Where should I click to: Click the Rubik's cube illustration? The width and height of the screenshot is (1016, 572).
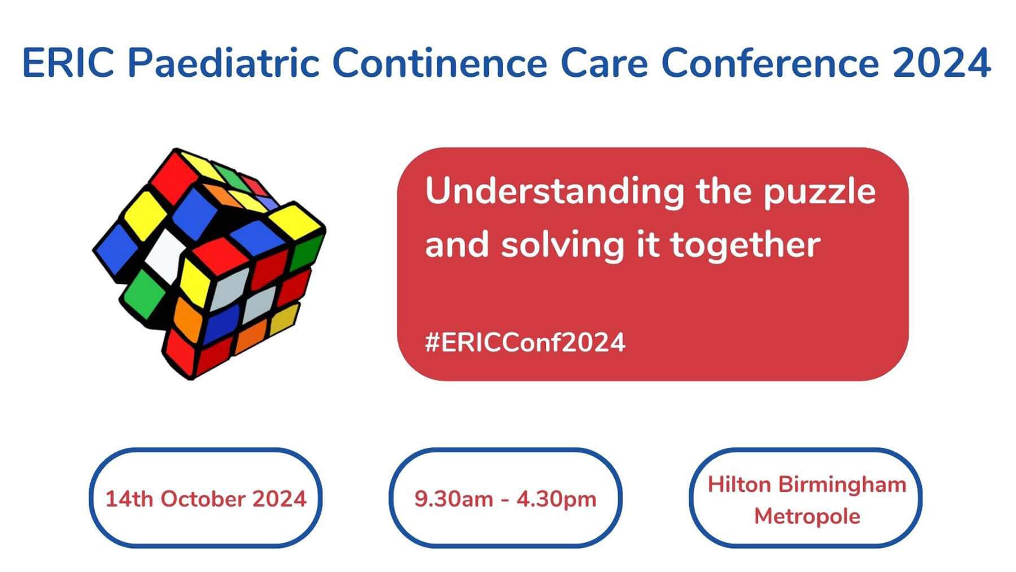click(x=209, y=263)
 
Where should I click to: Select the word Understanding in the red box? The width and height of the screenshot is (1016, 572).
click(x=555, y=193)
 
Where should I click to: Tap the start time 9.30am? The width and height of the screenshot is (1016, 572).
click(x=454, y=499)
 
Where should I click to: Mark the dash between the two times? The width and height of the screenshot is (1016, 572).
click(x=505, y=500)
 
